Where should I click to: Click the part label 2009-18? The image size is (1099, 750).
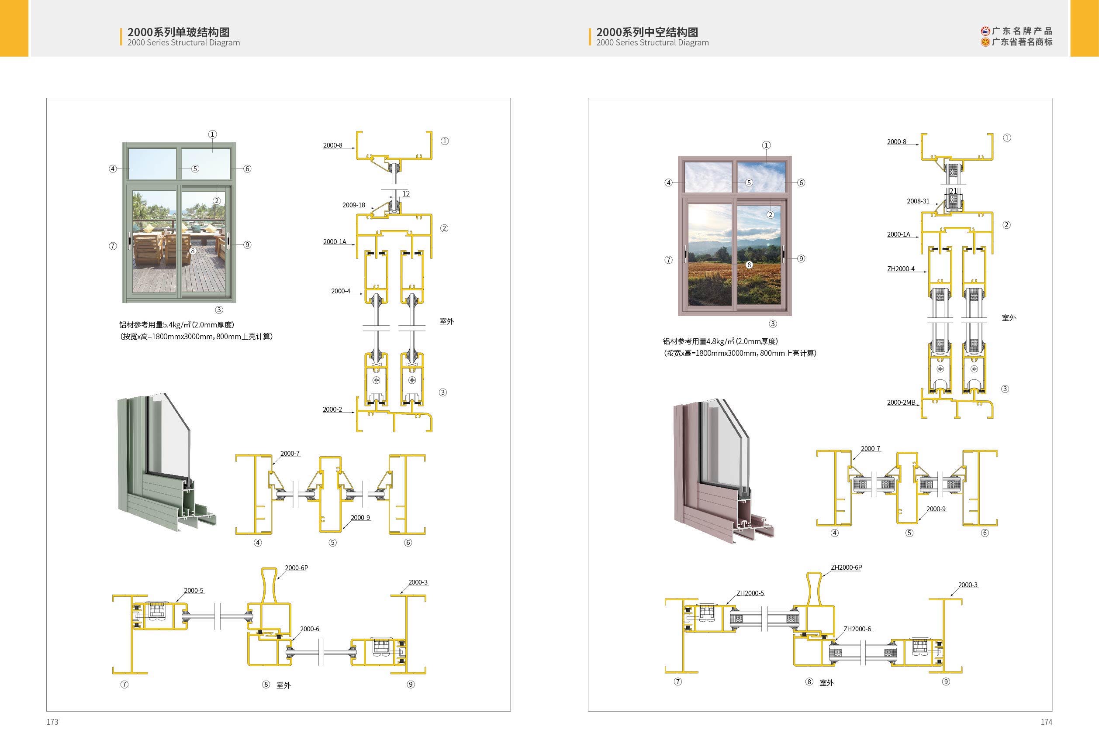coord(353,205)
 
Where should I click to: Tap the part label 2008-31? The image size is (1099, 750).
coord(918,201)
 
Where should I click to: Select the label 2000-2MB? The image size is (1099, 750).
coord(901,403)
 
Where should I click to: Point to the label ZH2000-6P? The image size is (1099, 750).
coord(847,568)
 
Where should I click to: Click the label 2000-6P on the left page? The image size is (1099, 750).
coord(297,568)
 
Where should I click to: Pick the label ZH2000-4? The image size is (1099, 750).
coord(901,269)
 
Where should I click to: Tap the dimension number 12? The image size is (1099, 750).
coord(406,194)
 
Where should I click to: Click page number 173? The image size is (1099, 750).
coord(52,722)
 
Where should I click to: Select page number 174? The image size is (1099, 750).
coord(1047,722)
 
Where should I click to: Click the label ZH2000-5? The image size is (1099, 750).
coord(750,593)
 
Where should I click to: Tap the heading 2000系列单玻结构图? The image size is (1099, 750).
coord(178,32)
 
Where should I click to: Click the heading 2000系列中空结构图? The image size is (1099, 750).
coord(647,32)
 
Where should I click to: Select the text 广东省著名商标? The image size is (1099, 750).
coord(1022,42)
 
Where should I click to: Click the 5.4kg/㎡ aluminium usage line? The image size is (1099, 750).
coord(176,325)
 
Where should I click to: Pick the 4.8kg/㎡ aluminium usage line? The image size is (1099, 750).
coord(720,341)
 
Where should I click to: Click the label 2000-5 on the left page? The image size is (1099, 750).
coord(194,591)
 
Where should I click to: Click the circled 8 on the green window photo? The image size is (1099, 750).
coord(193,251)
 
